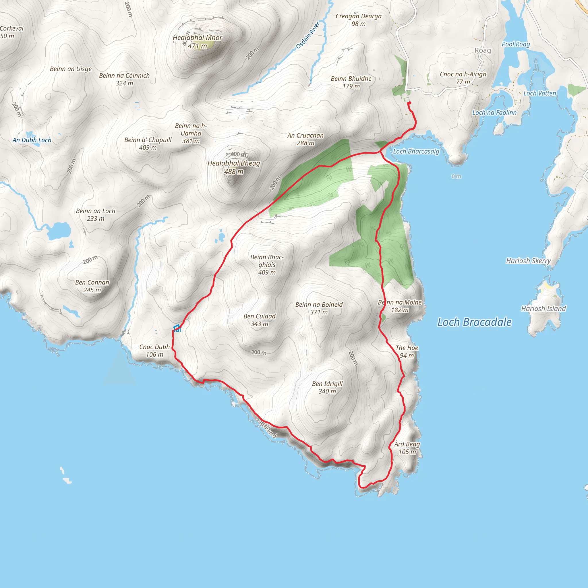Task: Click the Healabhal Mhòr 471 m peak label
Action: click(x=198, y=42)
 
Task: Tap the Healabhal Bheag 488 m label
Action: click(x=234, y=167)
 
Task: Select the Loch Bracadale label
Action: click(x=474, y=322)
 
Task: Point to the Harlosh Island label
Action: click(x=543, y=309)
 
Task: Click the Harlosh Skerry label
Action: click(x=528, y=261)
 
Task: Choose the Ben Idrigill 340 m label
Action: click(x=327, y=387)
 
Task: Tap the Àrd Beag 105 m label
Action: click(x=407, y=448)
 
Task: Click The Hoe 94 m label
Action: click(x=407, y=351)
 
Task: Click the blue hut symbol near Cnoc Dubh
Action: click(x=177, y=328)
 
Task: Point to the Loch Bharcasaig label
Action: click(x=416, y=151)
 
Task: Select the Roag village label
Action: click(x=483, y=50)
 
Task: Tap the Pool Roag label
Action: click(x=516, y=44)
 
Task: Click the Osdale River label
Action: click(x=308, y=35)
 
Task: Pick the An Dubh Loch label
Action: click(x=32, y=140)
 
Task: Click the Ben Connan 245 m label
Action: click(x=92, y=286)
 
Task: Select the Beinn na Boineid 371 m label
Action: click(x=319, y=308)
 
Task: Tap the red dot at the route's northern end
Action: click(x=409, y=103)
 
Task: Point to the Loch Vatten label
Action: click(x=539, y=93)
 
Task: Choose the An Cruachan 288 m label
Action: click(x=305, y=139)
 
